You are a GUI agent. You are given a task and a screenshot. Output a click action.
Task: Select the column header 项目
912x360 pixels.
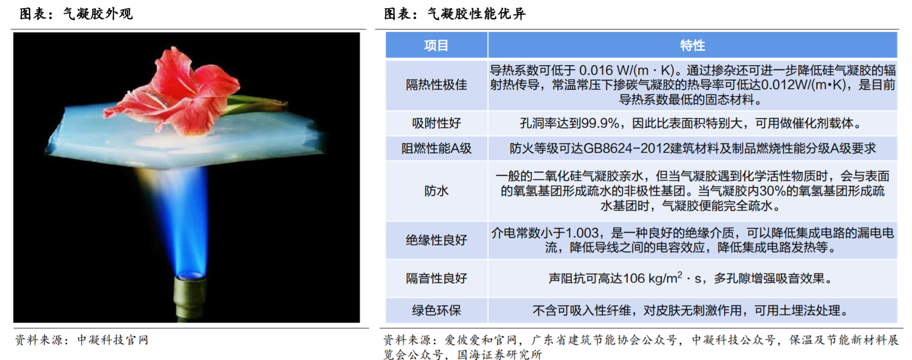tap(436, 46)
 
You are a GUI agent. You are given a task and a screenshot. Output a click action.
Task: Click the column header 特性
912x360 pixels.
tap(693, 46)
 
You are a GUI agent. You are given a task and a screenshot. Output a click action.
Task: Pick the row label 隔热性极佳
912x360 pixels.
tap(436, 85)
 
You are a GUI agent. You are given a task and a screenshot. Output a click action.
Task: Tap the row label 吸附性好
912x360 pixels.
tap(436, 123)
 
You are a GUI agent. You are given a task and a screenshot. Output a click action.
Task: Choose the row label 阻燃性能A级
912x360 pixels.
tap(436, 148)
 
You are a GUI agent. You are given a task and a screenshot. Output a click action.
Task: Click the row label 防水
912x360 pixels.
tap(436, 191)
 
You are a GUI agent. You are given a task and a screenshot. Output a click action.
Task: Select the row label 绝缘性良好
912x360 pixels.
tap(436, 240)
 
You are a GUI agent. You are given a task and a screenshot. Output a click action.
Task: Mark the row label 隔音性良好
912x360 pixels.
tap(436, 278)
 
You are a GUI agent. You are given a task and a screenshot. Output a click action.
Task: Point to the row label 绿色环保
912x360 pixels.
tap(436, 310)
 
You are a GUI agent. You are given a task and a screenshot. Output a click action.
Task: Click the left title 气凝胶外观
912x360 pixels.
tap(98, 13)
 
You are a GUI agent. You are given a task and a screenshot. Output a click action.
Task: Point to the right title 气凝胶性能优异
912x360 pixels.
tap(477, 13)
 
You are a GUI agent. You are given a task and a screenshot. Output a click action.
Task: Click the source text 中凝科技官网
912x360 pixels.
tap(113, 340)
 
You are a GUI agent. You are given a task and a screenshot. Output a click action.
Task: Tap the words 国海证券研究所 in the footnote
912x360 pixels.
tap(500, 355)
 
